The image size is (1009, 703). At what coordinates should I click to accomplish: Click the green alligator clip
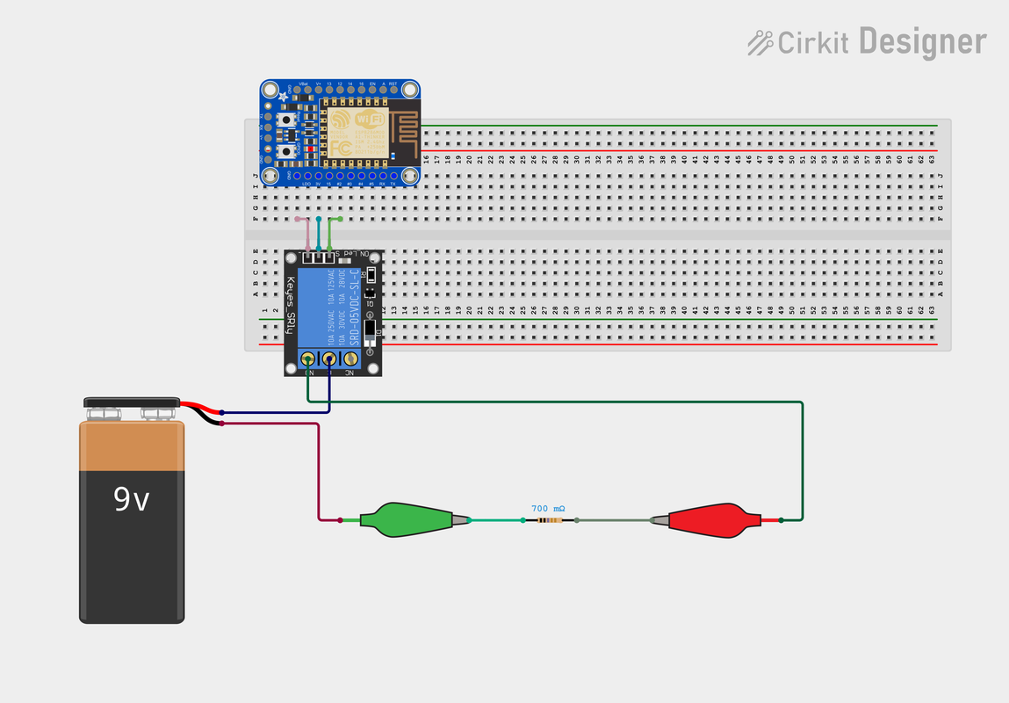(413, 519)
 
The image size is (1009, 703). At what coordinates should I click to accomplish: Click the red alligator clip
(711, 520)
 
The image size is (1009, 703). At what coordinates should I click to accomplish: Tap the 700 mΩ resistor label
(548, 509)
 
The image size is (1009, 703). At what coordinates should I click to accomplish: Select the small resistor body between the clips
(551, 521)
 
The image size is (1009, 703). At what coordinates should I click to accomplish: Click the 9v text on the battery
(132, 500)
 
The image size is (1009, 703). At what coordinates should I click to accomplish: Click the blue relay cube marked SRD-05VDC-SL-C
(328, 307)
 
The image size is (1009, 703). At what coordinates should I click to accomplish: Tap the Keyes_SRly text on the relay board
(290, 307)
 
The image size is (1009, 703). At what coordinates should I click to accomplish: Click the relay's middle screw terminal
(329, 359)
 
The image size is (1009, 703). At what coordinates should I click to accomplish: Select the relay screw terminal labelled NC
(350, 359)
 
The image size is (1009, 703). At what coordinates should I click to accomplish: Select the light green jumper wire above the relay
(331, 232)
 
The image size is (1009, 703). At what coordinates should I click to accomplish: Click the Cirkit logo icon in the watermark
(760, 42)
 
